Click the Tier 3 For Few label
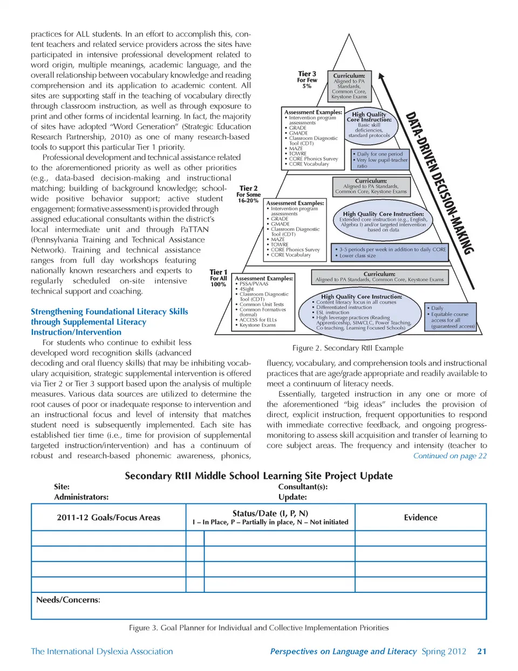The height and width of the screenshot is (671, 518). (x=307, y=80)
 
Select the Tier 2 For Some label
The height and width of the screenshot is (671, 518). (x=248, y=195)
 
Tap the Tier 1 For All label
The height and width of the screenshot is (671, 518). (x=219, y=278)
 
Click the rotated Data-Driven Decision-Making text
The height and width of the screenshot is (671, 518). (x=439, y=183)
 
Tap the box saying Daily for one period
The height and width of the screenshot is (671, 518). (x=380, y=160)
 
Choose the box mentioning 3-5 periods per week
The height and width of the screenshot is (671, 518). (x=391, y=252)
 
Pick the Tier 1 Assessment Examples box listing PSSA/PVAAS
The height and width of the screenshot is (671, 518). (x=264, y=302)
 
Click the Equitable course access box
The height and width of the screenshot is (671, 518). (x=451, y=317)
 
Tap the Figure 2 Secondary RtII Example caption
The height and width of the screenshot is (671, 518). (x=347, y=348)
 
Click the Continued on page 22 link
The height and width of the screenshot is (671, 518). (x=449, y=456)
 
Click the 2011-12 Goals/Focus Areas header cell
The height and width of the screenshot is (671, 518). (x=108, y=517)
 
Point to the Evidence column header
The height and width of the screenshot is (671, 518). (x=420, y=517)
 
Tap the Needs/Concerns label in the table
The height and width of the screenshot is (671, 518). (x=68, y=600)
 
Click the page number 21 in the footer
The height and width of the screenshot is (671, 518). (x=481, y=652)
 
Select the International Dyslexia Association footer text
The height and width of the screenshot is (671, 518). (x=102, y=652)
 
